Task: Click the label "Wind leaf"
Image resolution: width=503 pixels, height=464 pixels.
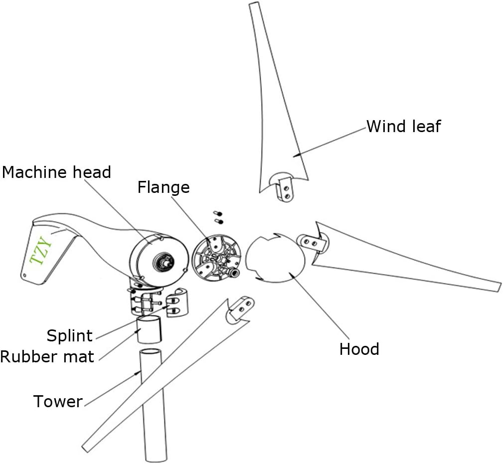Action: tap(403, 126)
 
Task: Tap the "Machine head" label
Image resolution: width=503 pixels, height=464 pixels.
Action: tap(56, 172)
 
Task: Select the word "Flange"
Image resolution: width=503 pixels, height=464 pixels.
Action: tap(164, 187)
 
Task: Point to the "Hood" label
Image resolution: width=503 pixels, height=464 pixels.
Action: tap(359, 349)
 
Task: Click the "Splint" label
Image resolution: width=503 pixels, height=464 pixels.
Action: tap(70, 335)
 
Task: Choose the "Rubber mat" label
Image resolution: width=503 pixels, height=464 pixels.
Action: tap(47, 356)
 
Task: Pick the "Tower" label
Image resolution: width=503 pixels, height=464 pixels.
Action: tap(58, 401)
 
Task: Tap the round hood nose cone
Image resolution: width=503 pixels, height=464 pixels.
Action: tap(275, 260)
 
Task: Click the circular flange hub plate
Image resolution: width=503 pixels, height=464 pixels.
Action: tap(215, 258)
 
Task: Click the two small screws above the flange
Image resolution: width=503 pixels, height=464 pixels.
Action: tap(217, 217)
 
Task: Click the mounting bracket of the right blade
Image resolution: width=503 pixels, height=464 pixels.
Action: tap(313, 242)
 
